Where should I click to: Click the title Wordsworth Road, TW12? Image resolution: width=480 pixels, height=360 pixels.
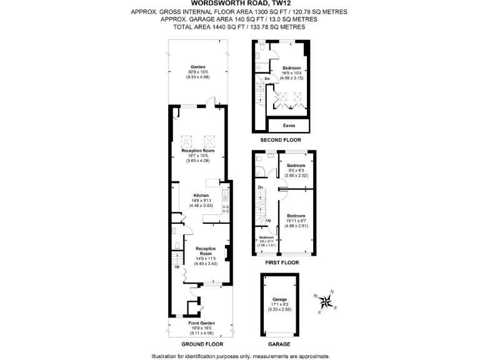(x=239, y=3)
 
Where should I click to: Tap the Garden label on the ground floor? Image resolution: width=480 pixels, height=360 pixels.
(x=197, y=67)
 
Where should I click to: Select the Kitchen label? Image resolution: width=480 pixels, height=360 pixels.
(x=197, y=196)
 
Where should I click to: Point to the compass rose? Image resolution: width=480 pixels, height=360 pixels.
(x=326, y=302)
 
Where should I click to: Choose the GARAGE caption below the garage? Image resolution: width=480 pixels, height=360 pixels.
(x=279, y=344)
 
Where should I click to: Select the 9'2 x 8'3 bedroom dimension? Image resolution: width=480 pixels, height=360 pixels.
(x=297, y=171)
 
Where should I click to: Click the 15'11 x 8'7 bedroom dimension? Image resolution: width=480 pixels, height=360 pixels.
(x=297, y=220)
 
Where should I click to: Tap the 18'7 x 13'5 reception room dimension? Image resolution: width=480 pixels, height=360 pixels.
(x=197, y=156)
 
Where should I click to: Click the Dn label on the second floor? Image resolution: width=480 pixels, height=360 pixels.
(x=267, y=79)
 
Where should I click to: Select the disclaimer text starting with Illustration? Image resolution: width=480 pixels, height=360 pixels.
(x=240, y=356)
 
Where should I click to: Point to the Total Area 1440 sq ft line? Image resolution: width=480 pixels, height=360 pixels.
(x=239, y=27)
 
